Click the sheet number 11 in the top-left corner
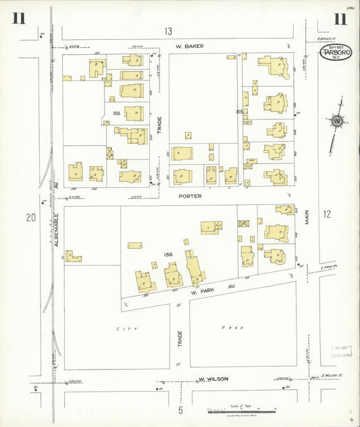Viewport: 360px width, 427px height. tap(18, 18)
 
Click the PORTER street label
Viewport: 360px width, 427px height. tap(190, 197)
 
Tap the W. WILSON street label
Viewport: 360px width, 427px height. tap(213, 379)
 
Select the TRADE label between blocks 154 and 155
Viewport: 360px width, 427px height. tap(160, 126)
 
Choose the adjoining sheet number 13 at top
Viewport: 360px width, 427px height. tap(168, 31)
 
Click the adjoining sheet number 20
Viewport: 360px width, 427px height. tap(30, 217)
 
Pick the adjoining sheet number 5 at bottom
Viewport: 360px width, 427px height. tap(180, 409)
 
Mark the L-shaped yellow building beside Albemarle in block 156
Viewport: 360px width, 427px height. tap(73, 256)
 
